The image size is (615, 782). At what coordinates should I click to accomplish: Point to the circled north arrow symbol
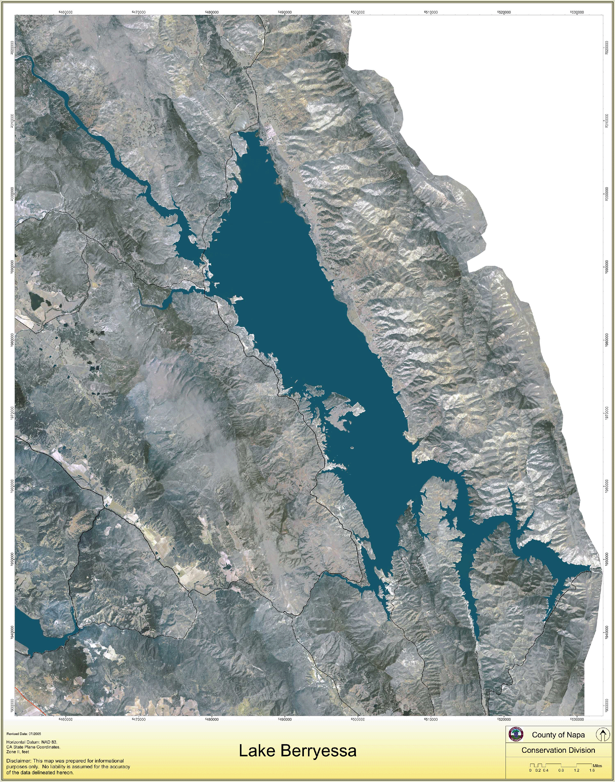click(602, 735)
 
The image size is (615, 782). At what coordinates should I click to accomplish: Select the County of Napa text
click(558, 735)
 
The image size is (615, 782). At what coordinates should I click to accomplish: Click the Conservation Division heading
click(558, 750)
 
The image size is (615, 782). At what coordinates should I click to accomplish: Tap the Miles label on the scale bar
click(597, 766)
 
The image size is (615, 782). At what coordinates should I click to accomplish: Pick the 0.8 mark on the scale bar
click(561, 770)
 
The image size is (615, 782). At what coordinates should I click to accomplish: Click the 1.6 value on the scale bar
click(592, 770)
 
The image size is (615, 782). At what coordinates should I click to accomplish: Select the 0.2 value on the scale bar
click(538, 770)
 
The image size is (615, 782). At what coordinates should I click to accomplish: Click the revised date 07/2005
click(35, 734)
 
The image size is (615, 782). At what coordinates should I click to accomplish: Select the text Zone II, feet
click(18, 752)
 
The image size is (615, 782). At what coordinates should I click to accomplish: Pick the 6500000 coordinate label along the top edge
click(357, 12)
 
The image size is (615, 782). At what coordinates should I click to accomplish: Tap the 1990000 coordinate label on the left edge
click(12, 267)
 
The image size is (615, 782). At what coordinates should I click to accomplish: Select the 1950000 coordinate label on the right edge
click(607, 559)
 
